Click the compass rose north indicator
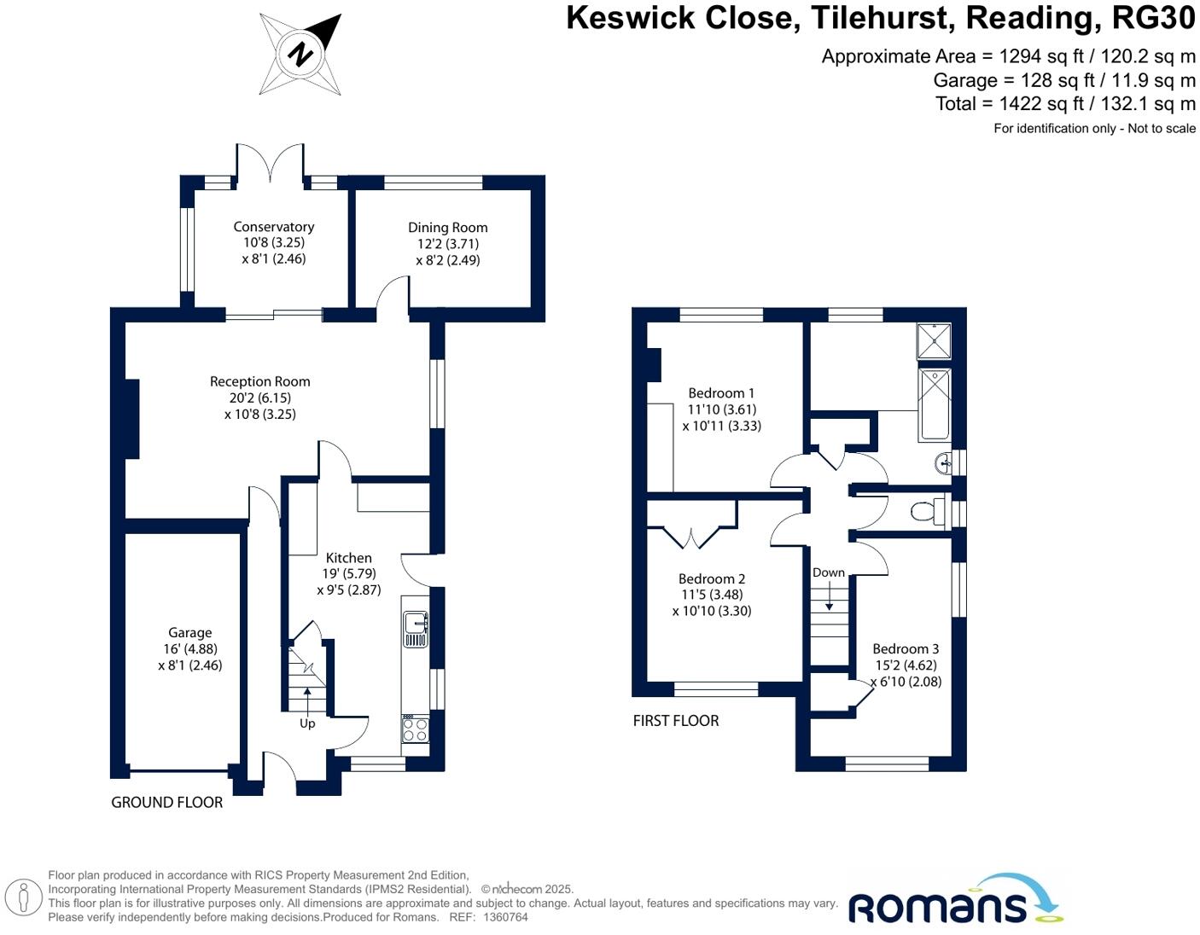click(x=300, y=55)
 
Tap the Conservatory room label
click(x=274, y=227)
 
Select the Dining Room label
click(x=447, y=228)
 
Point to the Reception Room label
click(x=260, y=381)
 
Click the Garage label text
click(x=189, y=632)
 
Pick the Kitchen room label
click(x=348, y=558)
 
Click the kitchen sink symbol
click(x=416, y=629)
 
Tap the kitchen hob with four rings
click(x=416, y=729)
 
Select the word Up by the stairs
click(x=307, y=723)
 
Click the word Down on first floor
click(x=828, y=572)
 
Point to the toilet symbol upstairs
click(x=925, y=511)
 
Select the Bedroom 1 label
click(x=721, y=393)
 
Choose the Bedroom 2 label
click(x=712, y=578)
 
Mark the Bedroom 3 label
click(x=906, y=649)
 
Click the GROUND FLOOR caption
click(x=166, y=802)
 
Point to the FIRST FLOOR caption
click(x=676, y=721)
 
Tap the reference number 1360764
click(x=506, y=917)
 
